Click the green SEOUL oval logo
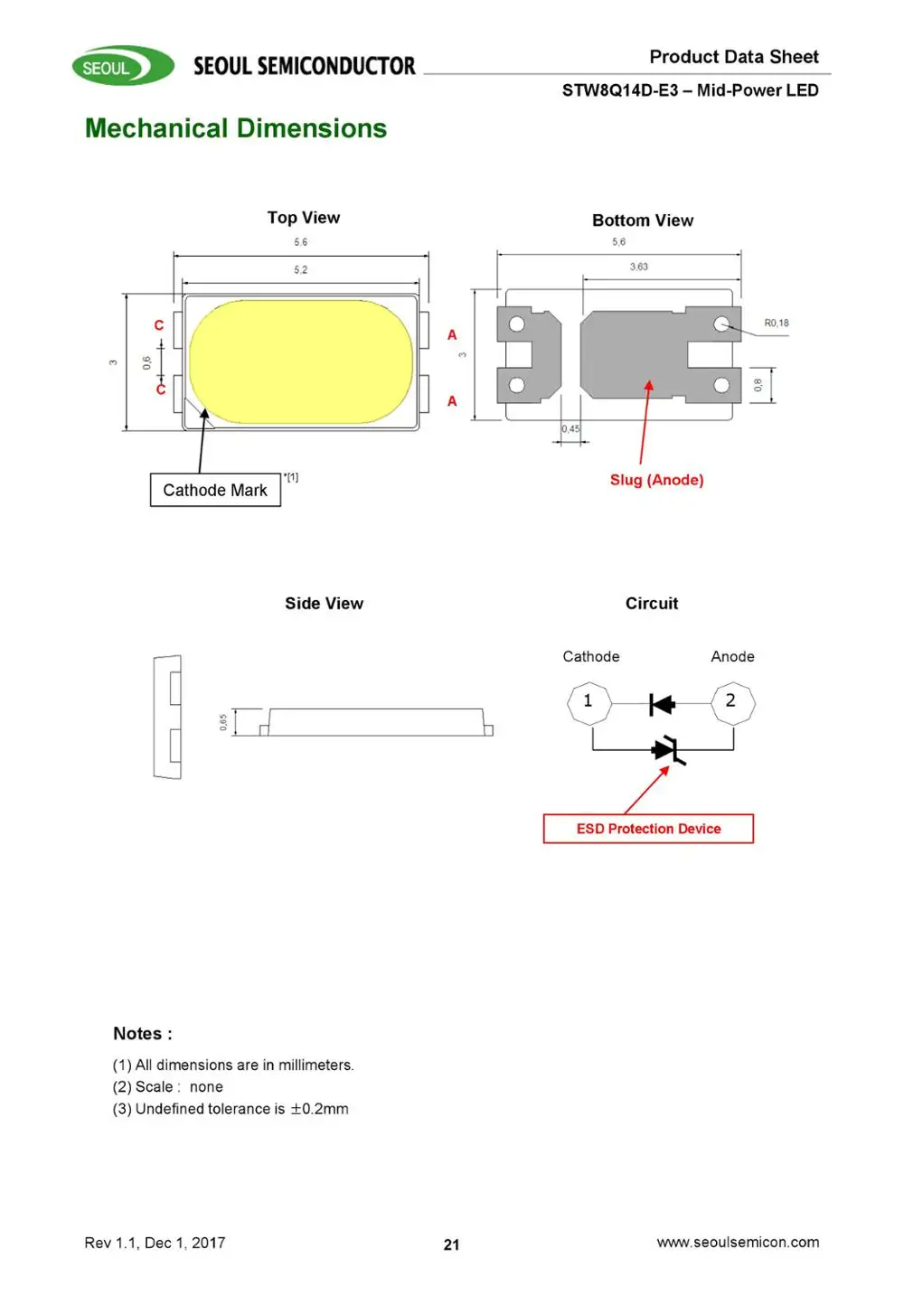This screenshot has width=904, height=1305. pos(123,66)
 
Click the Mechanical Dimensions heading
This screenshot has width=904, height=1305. pos(236,128)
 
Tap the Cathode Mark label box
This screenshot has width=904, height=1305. pos(215,490)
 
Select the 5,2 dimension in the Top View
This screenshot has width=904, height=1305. pos(300,269)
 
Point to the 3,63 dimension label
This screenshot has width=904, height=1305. pos(638,267)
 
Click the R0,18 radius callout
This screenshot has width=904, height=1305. pos(777,323)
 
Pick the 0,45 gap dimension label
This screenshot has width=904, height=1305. pos(570,428)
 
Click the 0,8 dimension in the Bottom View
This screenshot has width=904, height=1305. pos(758,384)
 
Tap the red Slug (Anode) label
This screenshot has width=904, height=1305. pos(657,480)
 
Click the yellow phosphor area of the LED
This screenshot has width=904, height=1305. pos(301,361)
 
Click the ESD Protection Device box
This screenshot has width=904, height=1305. pos(648,829)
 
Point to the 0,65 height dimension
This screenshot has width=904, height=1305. pos(223,722)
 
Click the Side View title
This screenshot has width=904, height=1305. pos(324,603)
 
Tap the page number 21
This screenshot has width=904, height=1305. pos(452,1245)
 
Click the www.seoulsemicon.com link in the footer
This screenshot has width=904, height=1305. pos(738,1242)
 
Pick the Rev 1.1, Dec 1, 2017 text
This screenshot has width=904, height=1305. pos(155,1243)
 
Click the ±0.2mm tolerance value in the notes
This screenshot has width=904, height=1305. pos(319,1109)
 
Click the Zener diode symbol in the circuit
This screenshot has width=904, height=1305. pos(669,750)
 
